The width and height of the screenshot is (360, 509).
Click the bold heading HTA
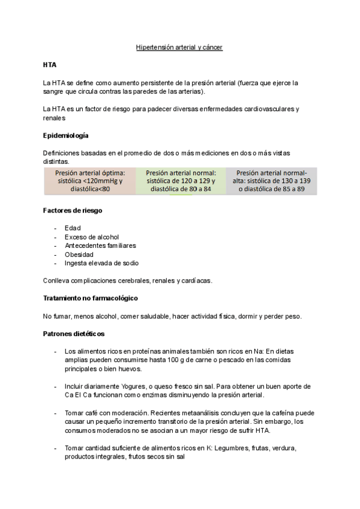[x=49, y=64]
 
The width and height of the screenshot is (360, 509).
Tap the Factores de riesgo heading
[x=72, y=211]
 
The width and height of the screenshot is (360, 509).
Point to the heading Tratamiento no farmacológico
[x=91, y=298]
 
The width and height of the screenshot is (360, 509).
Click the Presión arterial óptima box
[x=89, y=181]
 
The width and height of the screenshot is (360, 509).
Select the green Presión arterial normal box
[x=181, y=181]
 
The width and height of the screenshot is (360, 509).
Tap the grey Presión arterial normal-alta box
[x=271, y=181]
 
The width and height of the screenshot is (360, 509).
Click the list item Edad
[x=73, y=228]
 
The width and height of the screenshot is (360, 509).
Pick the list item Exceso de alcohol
[x=92, y=237]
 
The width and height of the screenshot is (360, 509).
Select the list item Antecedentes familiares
[x=100, y=245]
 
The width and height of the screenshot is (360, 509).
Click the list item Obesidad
[x=79, y=254]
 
